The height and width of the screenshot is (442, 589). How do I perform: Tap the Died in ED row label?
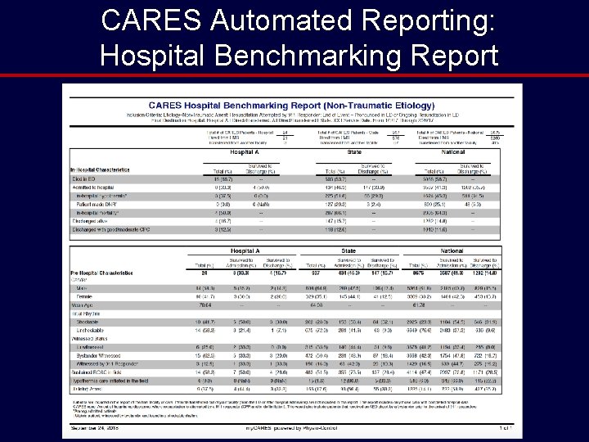coord(84,178)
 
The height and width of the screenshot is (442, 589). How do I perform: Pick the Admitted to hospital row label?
coord(95,187)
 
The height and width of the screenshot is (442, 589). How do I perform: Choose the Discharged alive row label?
coord(92,222)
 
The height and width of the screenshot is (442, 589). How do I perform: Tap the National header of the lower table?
coord(452,251)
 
